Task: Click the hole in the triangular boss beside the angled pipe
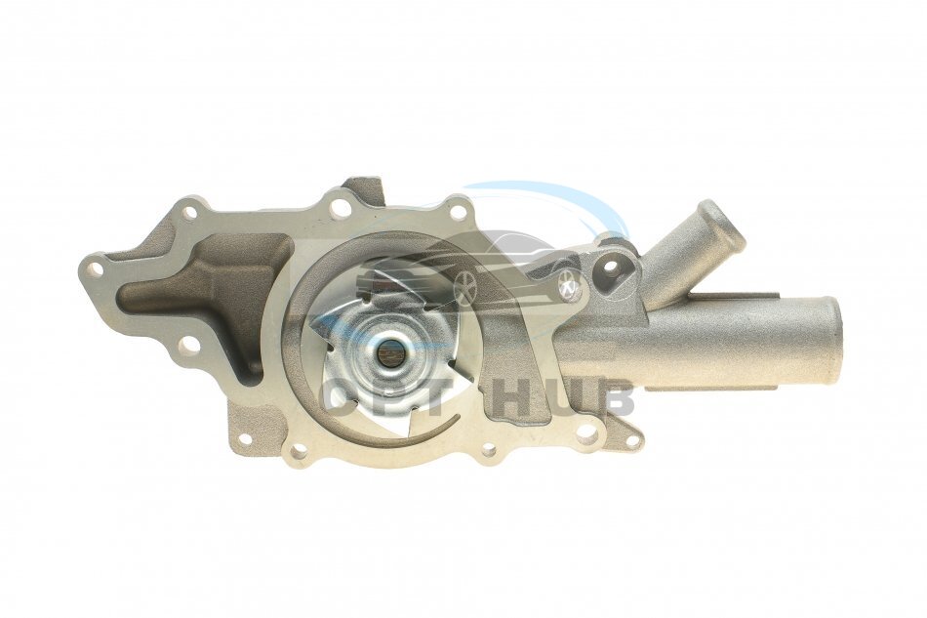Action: pos(614,270)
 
